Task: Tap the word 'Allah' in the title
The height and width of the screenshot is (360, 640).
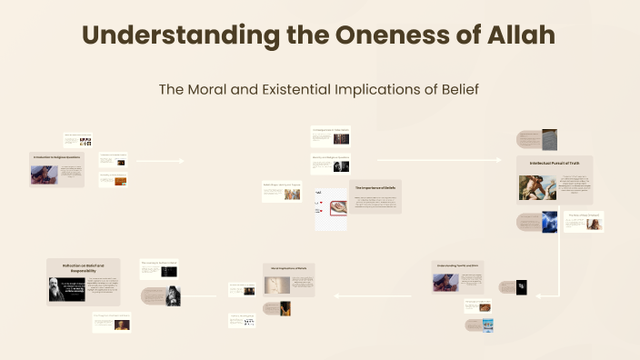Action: [518, 36]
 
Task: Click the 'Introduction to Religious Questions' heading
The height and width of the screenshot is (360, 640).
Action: [56, 157]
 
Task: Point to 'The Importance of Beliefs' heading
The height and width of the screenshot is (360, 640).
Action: [375, 186]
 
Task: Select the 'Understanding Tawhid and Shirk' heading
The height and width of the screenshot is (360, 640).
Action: [463, 265]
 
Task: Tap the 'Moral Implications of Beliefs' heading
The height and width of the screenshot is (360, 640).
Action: [289, 268]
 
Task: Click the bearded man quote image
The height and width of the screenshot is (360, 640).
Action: [66, 289]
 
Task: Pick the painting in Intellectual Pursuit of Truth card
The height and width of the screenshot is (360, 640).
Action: [537, 187]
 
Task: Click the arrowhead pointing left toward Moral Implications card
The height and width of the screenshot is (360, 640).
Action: [335, 295]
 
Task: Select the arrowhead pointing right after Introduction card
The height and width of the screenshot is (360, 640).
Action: [182, 161]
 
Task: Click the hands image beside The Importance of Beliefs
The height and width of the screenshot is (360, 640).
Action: [331, 208]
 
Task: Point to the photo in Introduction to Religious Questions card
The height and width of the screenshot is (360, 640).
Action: [44, 174]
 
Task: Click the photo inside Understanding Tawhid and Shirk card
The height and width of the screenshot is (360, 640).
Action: [445, 283]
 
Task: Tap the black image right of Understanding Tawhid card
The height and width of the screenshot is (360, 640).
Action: [521, 288]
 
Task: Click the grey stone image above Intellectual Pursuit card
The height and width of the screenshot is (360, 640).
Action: [549, 139]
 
